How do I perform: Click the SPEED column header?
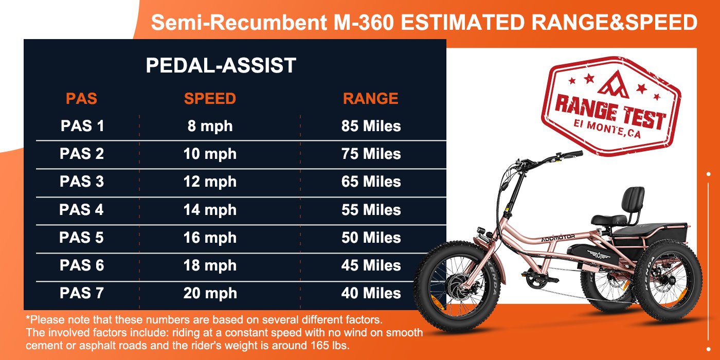point(210,98)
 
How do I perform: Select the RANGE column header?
point(370,98)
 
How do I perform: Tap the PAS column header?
point(81,98)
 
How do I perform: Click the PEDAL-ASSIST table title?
point(221,66)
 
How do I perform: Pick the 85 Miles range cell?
point(371,126)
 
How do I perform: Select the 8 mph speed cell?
point(210,126)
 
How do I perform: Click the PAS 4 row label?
point(82,210)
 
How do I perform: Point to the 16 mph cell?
point(210,238)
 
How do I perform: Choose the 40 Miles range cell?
point(371,293)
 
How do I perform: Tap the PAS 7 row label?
point(82,293)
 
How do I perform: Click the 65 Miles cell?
point(371,182)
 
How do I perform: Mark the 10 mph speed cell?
point(210,154)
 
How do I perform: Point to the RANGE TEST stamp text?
point(610,114)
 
